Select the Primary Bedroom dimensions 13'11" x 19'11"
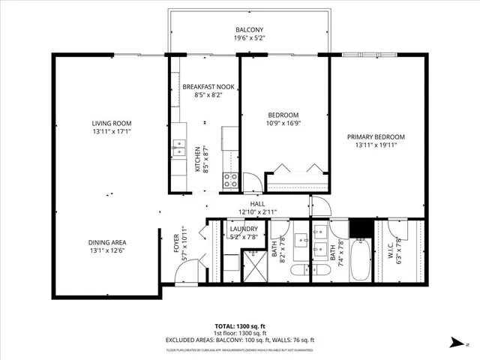point(376,146)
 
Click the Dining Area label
point(107,242)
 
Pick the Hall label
point(257,204)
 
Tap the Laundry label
point(244,229)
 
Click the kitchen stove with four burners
point(230,180)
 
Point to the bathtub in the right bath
point(361,259)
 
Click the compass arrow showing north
point(454,342)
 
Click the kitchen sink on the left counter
point(178,145)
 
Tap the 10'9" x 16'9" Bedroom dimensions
point(283,124)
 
